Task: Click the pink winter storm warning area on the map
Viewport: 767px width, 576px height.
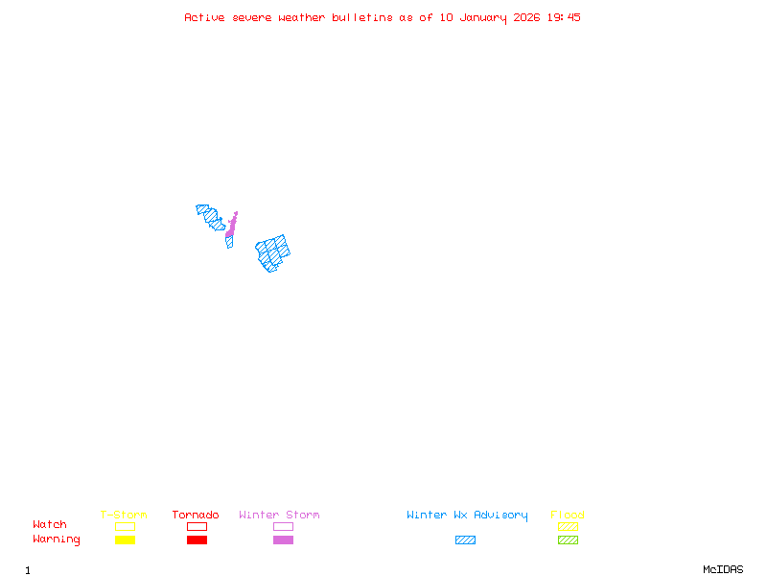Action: (x=231, y=226)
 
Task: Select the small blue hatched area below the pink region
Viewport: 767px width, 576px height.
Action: (x=229, y=241)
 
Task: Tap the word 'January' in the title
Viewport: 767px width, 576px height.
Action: (x=483, y=17)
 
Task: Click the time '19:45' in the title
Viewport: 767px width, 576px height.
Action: (x=564, y=17)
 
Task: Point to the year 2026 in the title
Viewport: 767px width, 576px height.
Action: (x=526, y=17)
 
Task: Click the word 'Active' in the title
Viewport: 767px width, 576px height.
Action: (x=205, y=17)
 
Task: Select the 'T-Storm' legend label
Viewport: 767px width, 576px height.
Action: (x=124, y=516)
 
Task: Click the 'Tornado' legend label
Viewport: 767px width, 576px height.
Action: (x=196, y=516)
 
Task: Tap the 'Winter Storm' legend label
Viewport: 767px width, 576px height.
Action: (x=279, y=516)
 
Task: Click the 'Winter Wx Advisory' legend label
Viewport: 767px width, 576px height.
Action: (x=467, y=516)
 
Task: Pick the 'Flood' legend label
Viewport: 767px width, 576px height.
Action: (x=568, y=516)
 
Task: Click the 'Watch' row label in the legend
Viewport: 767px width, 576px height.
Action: (x=50, y=525)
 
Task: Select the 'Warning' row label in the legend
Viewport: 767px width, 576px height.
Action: (x=57, y=540)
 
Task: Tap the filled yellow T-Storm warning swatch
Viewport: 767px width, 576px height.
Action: (x=125, y=540)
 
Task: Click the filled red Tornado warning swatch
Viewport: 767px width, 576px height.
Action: (x=197, y=540)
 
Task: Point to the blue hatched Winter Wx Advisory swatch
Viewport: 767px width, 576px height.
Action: (x=465, y=540)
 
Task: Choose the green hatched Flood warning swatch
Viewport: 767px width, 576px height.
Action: (x=568, y=540)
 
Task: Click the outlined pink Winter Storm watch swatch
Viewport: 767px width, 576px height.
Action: (x=283, y=527)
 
